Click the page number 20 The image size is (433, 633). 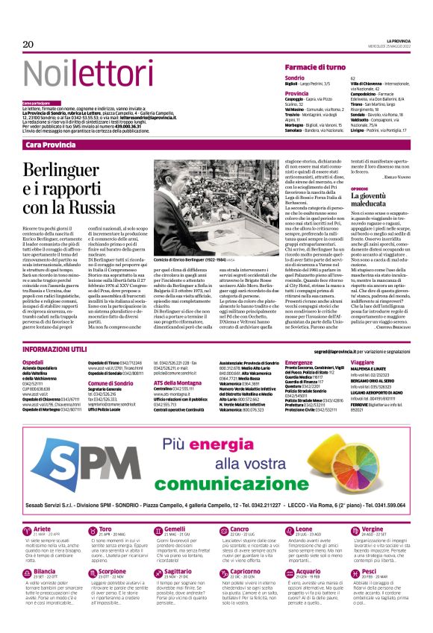point(28,45)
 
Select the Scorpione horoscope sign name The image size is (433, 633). point(113,570)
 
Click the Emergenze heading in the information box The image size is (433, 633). point(300,361)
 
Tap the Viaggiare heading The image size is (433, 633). point(363,361)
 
